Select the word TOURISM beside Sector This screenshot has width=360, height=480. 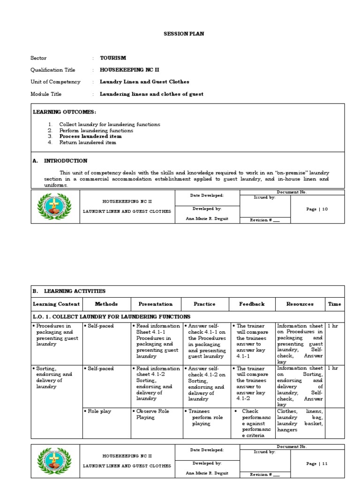(x=113, y=58)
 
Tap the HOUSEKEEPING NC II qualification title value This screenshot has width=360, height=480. (x=129, y=70)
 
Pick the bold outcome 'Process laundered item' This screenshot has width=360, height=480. (x=90, y=136)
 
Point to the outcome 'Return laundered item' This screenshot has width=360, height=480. (x=88, y=142)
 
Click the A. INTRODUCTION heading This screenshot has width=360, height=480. (x=60, y=161)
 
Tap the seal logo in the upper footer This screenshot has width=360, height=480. (x=54, y=207)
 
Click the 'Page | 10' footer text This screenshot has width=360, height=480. (x=317, y=209)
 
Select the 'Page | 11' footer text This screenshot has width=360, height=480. (x=317, y=464)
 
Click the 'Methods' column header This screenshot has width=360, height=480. (x=106, y=304)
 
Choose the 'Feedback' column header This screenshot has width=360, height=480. (x=252, y=304)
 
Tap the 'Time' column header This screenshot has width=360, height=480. (x=334, y=304)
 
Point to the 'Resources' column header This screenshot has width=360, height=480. (x=300, y=304)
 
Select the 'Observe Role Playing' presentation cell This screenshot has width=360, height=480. (x=152, y=414)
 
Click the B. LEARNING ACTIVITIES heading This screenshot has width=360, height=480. (x=69, y=291)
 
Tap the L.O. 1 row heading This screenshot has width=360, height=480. (x=111, y=317)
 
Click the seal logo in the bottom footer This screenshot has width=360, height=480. (x=54, y=461)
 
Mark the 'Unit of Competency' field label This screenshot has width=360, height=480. (x=55, y=82)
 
